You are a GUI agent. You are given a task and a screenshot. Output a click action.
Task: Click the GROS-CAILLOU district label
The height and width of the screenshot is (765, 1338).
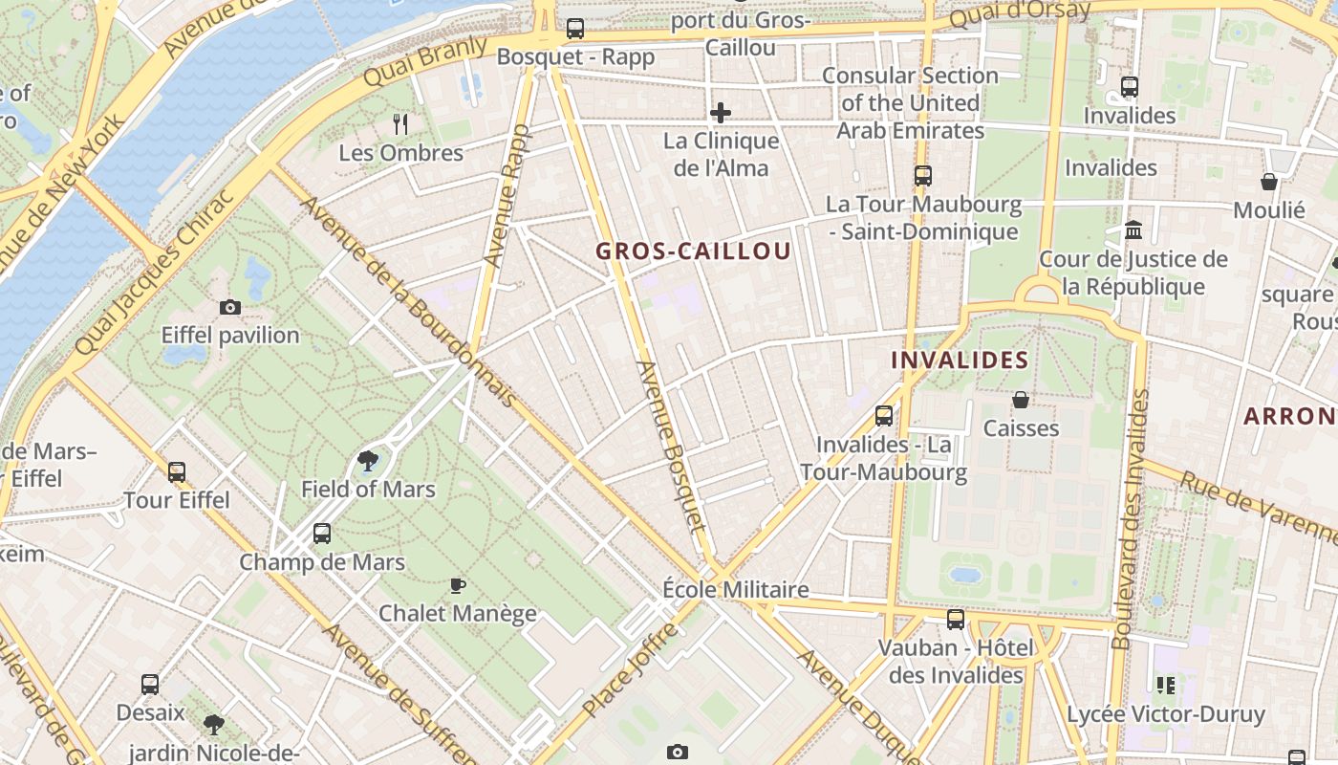pos(694,251)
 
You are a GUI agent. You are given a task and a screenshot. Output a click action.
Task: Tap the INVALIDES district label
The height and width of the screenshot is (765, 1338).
pos(960,361)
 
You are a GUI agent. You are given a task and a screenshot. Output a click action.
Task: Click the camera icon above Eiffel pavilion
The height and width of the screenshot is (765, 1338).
pos(229,307)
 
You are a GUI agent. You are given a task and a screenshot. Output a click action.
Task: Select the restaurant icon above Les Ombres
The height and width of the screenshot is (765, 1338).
pos(400,123)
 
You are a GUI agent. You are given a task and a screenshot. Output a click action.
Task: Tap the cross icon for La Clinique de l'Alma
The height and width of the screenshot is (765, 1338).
pos(721,113)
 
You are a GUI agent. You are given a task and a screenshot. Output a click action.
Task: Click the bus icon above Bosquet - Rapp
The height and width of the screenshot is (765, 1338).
pos(574,29)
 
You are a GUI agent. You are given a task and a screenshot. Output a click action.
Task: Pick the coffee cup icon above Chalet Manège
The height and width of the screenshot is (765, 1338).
pos(458,585)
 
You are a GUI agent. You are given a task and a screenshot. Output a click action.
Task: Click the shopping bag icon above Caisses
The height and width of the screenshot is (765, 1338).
pos(1021,400)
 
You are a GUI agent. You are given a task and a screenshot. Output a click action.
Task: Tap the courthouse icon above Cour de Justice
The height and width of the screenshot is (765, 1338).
pos(1133,230)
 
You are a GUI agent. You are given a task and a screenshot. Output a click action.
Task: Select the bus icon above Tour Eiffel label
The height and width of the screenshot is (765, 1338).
pos(176,471)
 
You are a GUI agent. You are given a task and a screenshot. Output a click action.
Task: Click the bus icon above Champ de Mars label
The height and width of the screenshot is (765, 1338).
pos(322,534)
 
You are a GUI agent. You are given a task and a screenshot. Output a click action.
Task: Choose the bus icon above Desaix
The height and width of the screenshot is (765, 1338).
pos(150,685)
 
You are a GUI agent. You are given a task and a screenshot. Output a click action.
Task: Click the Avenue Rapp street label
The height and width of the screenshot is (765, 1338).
pos(507,195)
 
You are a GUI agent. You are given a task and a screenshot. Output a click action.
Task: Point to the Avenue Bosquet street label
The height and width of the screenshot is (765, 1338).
pos(671,446)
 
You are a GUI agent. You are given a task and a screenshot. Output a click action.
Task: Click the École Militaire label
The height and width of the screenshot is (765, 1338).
pos(736,589)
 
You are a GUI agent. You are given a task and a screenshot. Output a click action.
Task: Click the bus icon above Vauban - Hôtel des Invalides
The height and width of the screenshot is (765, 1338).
pos(956,620)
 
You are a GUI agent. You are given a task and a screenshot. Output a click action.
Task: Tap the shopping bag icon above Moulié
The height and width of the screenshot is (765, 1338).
pos(1269,182)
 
